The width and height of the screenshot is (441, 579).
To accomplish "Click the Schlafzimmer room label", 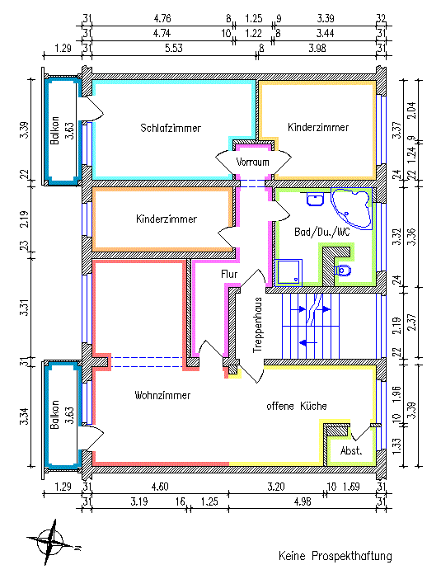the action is click(x=171, y=128).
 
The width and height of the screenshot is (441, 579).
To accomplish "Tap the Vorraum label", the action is click(x=252, y=162).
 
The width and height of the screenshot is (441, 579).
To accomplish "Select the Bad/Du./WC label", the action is click(x=321, y=232).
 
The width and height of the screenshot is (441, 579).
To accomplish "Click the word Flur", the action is click(x=229, y=274).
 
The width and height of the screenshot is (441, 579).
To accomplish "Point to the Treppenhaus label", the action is click(x=257, y=325).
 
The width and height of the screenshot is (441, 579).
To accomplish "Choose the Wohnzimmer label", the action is click(x=162, y=395).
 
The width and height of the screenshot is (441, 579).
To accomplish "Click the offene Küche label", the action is click(x=297, y=406).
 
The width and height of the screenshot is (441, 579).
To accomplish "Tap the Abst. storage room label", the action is click(x=351, y=450).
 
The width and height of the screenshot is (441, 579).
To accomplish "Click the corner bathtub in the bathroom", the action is click(x=351, y=208).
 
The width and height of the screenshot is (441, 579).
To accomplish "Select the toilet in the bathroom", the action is click(x=342, y=271).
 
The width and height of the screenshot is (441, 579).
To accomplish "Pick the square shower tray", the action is click(x=289, y=273).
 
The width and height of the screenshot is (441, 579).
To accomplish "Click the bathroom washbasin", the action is click(x=315, y=200).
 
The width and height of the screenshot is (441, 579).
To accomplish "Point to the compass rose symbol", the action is click(x=51, y=542).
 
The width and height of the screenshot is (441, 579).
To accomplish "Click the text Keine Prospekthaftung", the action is click(x=335, y=556).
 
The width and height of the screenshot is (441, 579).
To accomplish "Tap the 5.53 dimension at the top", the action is click(x=173, y=48).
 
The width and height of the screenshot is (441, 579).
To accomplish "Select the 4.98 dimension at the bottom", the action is click(x=303, y=501).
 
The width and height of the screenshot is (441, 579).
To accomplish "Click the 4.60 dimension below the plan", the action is click(x=160, y=487).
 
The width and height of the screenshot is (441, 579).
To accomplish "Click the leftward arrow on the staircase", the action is click(x=307, y=342).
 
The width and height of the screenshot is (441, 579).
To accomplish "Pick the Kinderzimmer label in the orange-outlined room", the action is click(x=167, y=219).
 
